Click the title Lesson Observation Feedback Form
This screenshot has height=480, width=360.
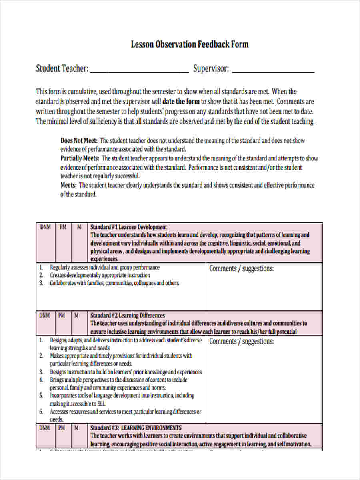tap(190, 44)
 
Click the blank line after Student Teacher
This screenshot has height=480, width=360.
tap(139, 70)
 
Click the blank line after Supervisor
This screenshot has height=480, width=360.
tap(273, 70)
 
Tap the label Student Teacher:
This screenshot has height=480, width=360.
tap(62, 68)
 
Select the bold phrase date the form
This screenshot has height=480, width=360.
tap(181, 102)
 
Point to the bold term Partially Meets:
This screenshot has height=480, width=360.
tap(80, 158)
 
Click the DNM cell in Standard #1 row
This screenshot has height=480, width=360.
tap(46, 227)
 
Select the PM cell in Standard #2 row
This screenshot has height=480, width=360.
tap(62, 316)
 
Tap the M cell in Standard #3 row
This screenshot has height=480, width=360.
tap(76, 428)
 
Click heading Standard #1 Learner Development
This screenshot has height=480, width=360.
tap(129, 227)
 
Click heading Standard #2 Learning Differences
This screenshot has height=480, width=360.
tap(128, 316)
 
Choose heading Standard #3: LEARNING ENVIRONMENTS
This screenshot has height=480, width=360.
tap(136, 428)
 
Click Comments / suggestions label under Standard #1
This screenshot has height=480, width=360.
tap(242, 269)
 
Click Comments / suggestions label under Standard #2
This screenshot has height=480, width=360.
tap(242, 342)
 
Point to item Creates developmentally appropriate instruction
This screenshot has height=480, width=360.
tap(100, 275)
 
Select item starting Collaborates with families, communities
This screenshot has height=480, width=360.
tap(114, 283)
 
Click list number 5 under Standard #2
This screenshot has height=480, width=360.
tap(41, 396)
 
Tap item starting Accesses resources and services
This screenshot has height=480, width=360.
tap(125, 412)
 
